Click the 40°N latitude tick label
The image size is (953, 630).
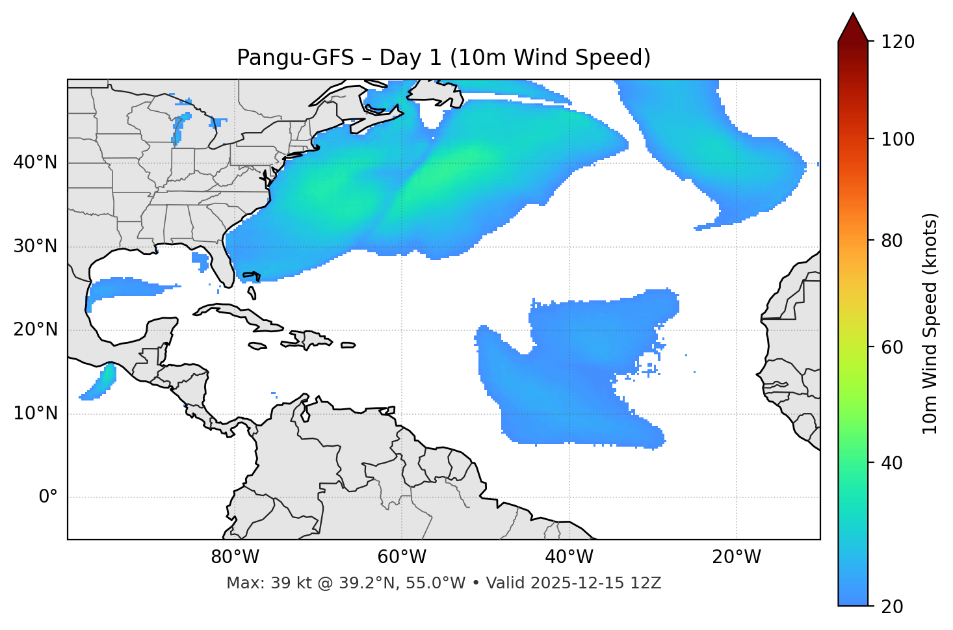[x=35, y=163]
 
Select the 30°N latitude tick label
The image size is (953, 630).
[x=35, y=246]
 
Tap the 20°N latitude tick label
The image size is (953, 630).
[x=35, y=330]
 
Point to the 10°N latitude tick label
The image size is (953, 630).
[x=35, y=413]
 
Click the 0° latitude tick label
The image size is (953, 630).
[x=48, y=497]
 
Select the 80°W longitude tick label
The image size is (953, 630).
[x=235, y=557]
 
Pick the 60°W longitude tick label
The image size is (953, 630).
[x=402, y=557]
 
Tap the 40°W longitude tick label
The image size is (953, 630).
[x=569, y=557]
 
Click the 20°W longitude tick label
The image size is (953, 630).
[x=737, y=557]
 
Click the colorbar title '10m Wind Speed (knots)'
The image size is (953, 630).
[x=930, y=323]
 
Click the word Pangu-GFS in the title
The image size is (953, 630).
[x=295, y=58]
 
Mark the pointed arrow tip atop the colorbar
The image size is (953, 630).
[x=853, y=16]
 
